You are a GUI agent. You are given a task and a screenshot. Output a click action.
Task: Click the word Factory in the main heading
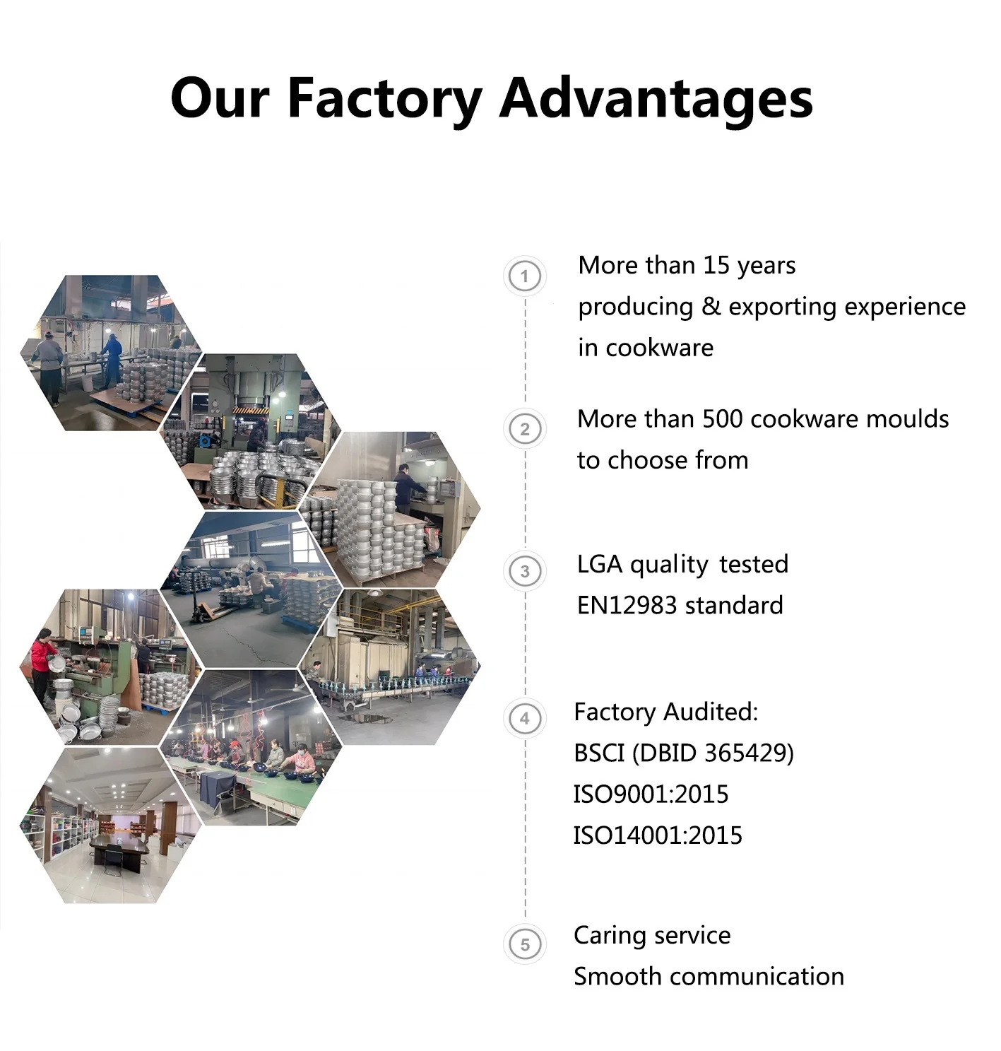[x=385, y=99]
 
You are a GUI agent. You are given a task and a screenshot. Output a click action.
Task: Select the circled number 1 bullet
[x=524, y=276]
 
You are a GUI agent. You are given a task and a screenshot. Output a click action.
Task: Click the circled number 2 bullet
[x=524, y=429]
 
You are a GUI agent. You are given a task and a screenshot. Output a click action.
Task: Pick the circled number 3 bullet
[x=524, y=571]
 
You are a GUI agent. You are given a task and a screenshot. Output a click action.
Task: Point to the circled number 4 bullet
[x=524, y=719]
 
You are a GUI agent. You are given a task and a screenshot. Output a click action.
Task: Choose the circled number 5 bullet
[x=524, y=944]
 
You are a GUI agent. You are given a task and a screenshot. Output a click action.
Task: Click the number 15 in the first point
[x=716, y=266]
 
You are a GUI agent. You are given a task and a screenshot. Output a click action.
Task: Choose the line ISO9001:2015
[x=651, y=794]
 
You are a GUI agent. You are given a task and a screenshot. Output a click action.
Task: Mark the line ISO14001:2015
[x=658, y=835]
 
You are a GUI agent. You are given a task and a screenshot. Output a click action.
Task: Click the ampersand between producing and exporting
[x=711, y=307]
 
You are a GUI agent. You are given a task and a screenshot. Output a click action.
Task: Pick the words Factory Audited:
[x=665, y=712]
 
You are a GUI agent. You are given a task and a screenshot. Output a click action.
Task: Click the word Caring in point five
[x=608, y=935]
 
